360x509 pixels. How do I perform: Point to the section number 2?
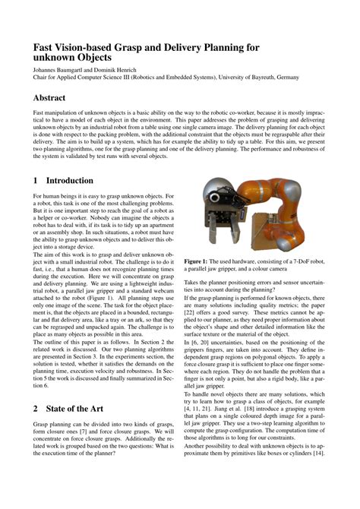(36, 408)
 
